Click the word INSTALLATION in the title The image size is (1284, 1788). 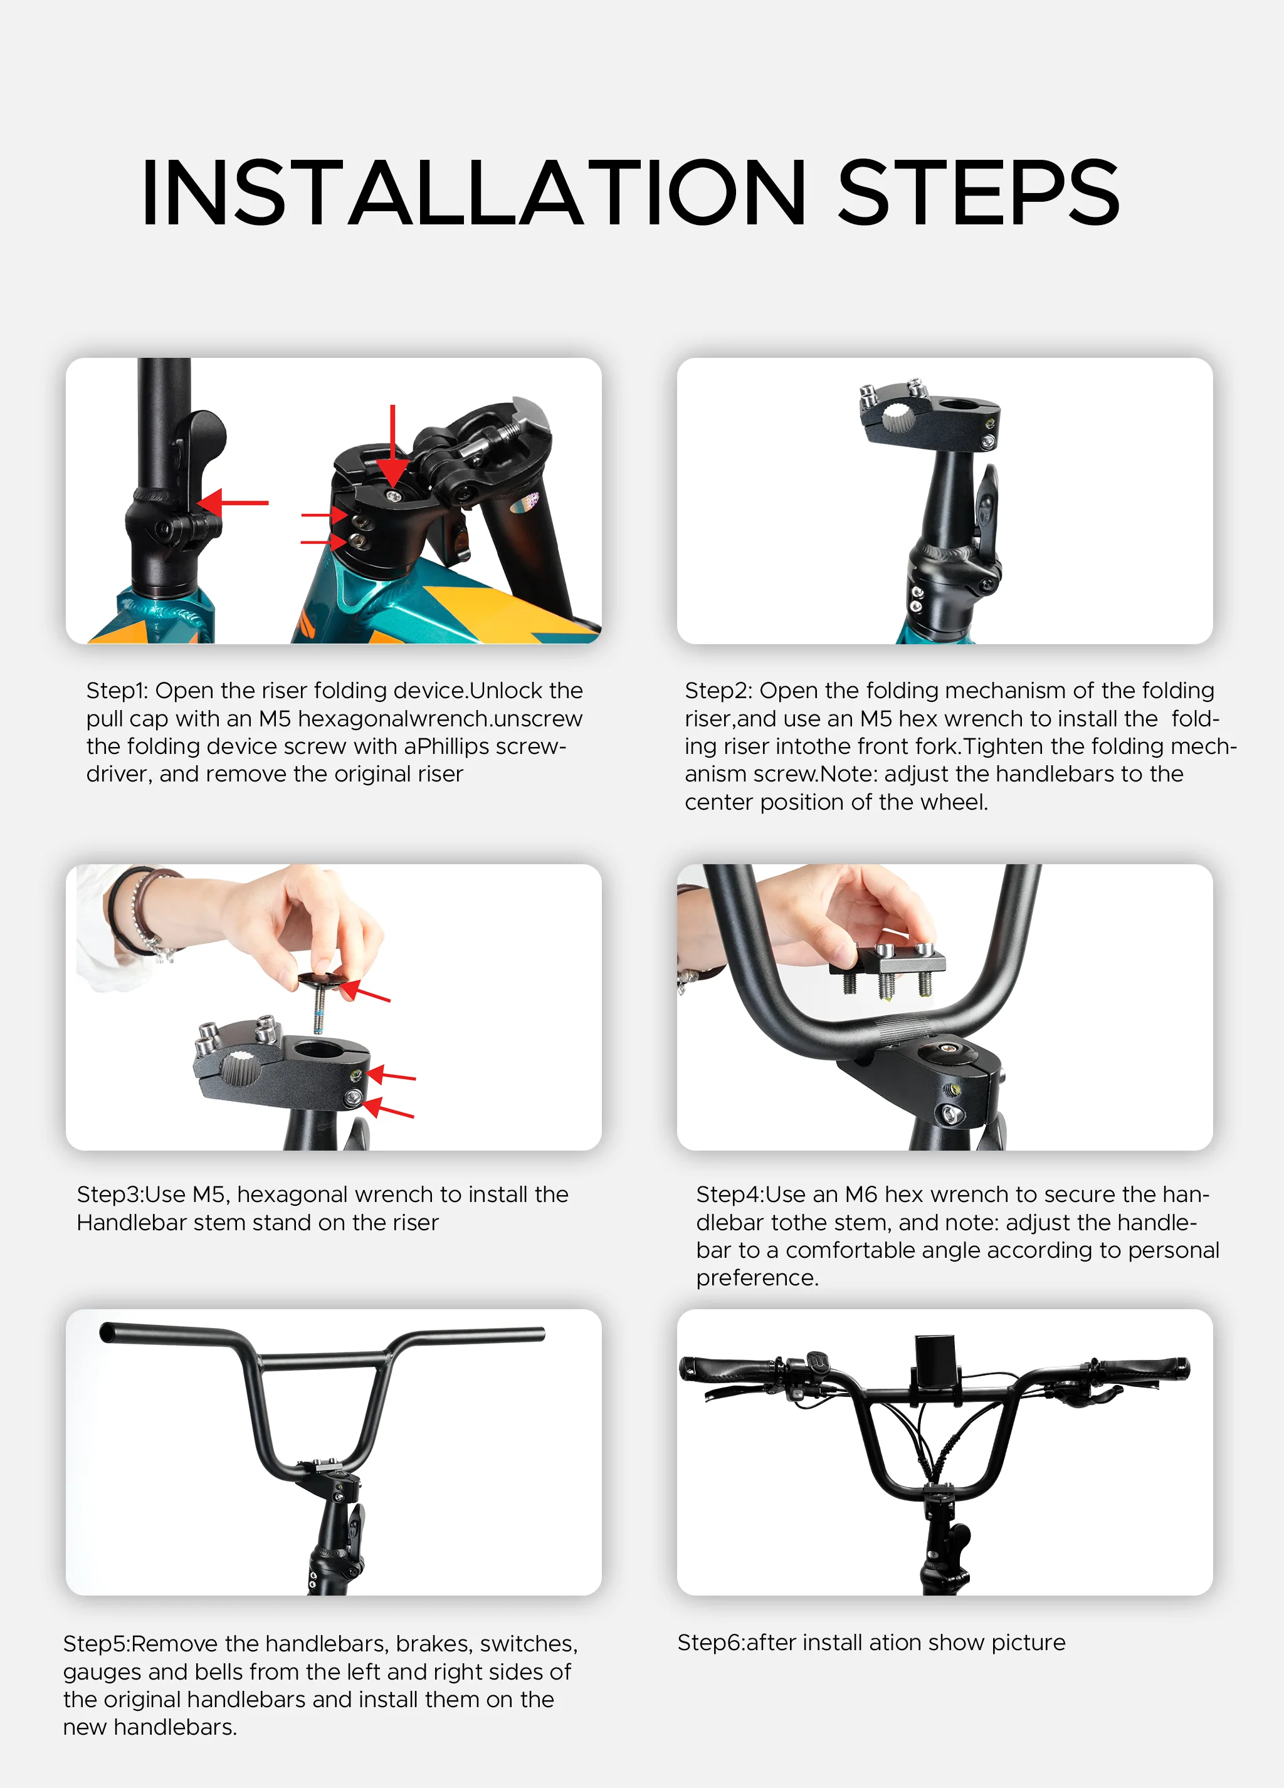(473, 193)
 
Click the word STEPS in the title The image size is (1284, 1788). (978, 193)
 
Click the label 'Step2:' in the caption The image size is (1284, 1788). (718, 691)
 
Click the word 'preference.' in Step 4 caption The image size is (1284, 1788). (757, 1278)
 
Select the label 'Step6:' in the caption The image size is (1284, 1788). (710, 1643)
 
